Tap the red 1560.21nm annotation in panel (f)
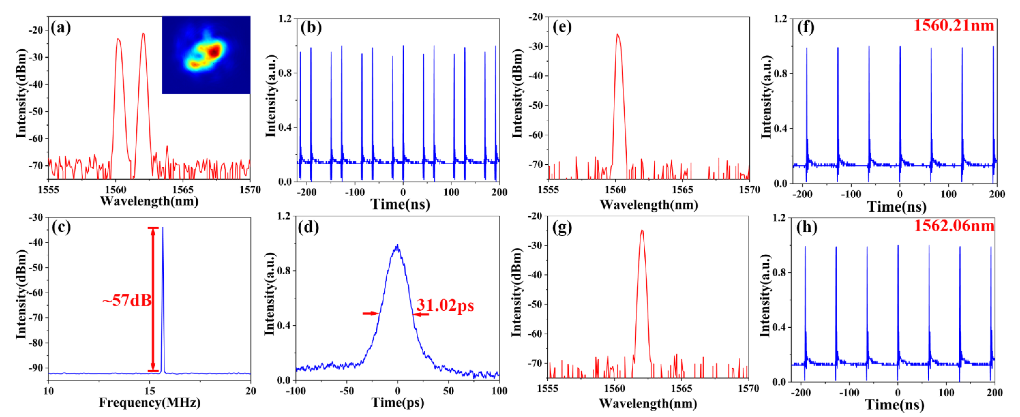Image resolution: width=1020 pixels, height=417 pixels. point(954,26)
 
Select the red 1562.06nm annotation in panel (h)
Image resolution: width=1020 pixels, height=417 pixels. point(954,226)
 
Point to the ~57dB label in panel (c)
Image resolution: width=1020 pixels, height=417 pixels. point(127,300)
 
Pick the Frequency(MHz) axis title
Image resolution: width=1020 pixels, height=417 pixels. point(150,403)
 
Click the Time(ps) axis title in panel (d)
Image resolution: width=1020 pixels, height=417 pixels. point(397,403)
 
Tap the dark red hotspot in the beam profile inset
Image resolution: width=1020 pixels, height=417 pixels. point(215,51)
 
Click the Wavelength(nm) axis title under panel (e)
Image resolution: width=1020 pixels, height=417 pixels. point(649,205)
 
